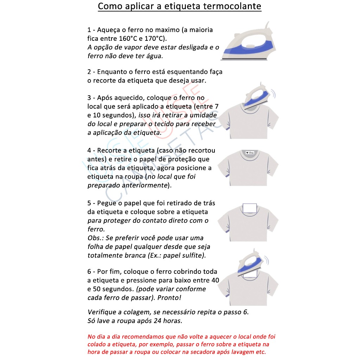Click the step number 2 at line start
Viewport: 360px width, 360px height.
tap(89, 72)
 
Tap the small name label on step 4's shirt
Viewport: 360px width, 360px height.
tap(249, 153)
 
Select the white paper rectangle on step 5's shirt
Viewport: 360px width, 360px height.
tap(250, 208)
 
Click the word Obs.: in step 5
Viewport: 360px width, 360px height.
tap(95, 238)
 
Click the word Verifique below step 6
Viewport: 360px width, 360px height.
tap(102, 312)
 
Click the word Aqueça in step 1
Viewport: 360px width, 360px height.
tap(108, 30)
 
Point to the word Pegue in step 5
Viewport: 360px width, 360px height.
tap(107, 203)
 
